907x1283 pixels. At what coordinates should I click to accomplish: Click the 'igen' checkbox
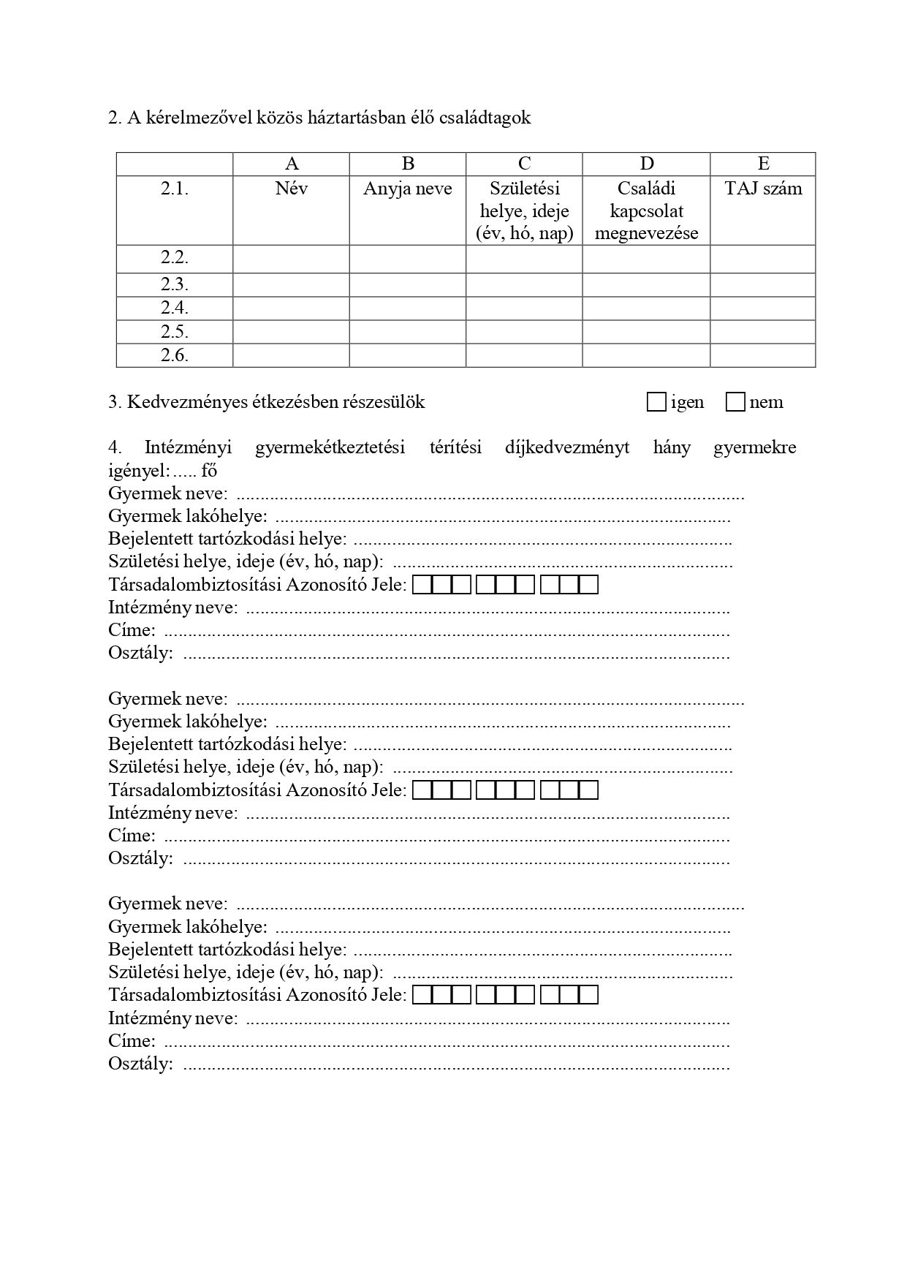coord(656,402)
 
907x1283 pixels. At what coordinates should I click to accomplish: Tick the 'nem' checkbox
coord(735,402)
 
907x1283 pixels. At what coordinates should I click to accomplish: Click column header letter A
coord(291,164)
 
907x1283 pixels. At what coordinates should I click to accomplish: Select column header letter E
coord(763,164)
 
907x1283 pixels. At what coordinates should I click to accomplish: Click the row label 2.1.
coord(175,189)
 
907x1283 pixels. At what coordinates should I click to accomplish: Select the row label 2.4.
coord(175,309)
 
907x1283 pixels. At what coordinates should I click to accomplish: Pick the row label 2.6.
coord(175,355)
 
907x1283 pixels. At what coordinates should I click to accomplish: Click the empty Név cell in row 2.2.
coord(291,259)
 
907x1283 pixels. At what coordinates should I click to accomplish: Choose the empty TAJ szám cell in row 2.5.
coord(763,332)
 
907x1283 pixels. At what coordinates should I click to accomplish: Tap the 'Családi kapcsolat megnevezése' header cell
coord(647,211)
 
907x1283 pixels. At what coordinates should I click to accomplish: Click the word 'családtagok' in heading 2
coord(485,118)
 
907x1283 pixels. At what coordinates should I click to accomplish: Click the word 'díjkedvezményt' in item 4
coord(567,447)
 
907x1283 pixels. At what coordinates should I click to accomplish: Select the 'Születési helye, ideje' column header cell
coord(524,211)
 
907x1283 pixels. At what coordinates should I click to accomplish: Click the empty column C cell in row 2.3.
coord(524,285)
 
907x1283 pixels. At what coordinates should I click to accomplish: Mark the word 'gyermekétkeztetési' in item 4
coord(330,447)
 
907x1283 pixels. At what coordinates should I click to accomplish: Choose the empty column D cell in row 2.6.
coord(647,355)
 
